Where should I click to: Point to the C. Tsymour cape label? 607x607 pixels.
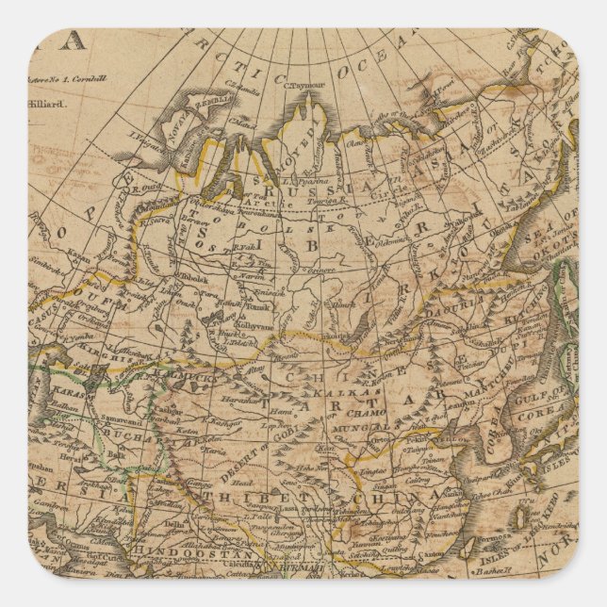[x=305, y=85]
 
